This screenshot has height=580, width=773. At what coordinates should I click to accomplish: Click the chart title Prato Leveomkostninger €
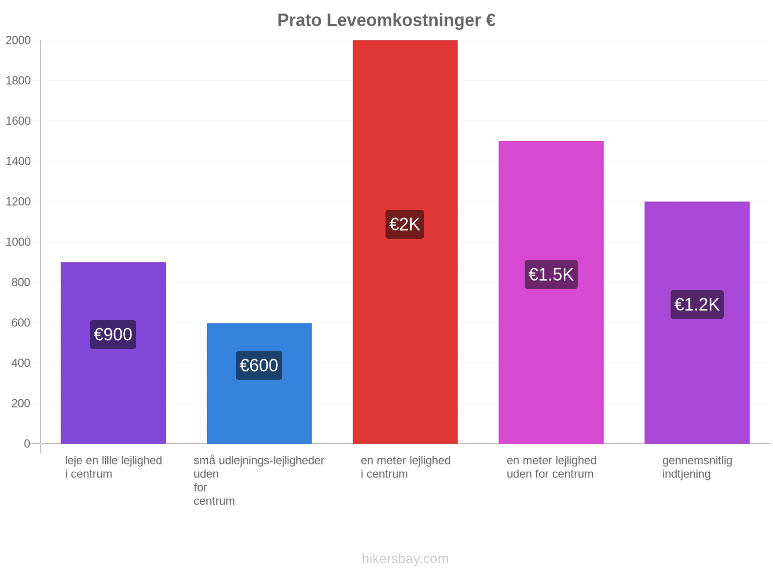point(386,20)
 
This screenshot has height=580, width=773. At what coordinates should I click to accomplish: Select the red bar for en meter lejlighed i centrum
point(405,242)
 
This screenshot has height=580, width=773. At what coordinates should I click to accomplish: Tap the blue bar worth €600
point(259,383)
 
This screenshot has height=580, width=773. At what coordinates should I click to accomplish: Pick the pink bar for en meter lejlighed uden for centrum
point(551,292)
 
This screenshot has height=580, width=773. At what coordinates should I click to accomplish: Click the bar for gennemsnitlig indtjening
point(697,322)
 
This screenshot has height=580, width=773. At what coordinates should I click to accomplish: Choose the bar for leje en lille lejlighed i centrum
point(113,352)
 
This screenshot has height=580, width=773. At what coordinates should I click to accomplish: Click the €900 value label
point(113,334)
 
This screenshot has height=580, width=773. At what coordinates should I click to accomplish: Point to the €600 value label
point(259,365)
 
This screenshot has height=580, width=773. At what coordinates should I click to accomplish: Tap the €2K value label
point(405,224)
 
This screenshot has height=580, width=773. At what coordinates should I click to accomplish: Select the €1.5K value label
point(551,275)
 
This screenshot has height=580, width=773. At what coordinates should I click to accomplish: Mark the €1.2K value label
point(697,304)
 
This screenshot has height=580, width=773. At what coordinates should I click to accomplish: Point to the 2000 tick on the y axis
point(18,40)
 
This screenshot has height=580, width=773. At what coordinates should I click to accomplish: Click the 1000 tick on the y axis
point(18,242)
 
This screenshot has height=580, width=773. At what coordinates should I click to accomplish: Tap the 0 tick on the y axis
point(27,443)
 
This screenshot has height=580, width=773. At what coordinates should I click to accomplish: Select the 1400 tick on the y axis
point(18,161)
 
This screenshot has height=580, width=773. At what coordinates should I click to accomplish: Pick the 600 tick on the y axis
point(21,322)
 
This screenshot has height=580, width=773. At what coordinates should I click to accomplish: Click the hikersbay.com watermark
point(405,558)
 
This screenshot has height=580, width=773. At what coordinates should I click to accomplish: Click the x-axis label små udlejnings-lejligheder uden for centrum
point(259,480)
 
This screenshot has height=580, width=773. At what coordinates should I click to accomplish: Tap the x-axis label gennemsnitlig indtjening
point(697,467)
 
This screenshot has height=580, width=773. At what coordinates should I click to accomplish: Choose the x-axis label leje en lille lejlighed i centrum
point(114,467)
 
